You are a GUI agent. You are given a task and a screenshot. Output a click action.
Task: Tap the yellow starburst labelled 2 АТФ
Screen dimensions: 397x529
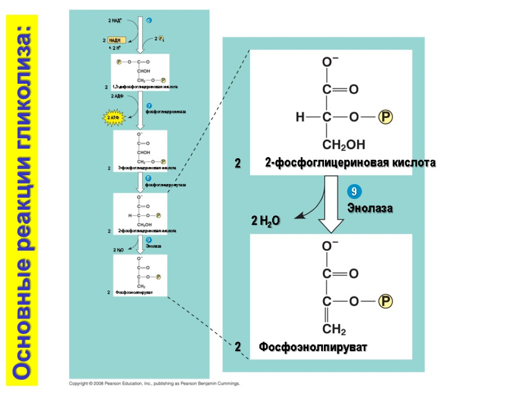click(114, 117)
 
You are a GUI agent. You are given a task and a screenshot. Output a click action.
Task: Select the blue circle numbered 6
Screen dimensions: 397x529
click(148, 21)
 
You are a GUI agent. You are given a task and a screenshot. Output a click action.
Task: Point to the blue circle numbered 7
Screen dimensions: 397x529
click(148, 106)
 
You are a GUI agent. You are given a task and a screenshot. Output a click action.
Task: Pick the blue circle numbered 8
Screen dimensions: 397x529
click(148, 179)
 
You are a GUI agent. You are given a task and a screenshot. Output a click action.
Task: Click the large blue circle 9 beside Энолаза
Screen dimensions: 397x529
click(353, 192)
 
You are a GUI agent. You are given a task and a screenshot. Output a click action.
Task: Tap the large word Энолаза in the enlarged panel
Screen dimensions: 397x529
click(370, 208)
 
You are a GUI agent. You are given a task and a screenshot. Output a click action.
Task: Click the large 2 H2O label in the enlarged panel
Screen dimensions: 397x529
click(266, 221)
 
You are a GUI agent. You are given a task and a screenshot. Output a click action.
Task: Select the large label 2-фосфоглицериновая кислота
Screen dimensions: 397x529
click(350, 163)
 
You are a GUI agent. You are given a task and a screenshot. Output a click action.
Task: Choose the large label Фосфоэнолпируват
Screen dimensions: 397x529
click(313, 347)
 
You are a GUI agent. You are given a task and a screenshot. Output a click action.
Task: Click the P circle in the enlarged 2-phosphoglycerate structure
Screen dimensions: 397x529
click(385, 118)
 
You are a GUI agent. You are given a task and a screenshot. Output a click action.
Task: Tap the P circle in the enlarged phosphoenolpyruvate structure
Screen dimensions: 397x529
click(385, 301)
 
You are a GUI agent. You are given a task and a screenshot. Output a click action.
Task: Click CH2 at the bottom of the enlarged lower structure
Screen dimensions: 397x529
click(334, 329)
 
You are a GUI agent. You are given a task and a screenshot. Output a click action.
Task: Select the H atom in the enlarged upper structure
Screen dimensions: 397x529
click(300, 118)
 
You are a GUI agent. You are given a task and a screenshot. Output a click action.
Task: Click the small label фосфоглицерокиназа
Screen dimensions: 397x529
click(165, 112)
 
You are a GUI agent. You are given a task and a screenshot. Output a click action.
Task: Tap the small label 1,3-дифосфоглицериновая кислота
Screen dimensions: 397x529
click(145, 87)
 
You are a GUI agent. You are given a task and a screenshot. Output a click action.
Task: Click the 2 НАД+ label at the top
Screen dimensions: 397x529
click(115, 21)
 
